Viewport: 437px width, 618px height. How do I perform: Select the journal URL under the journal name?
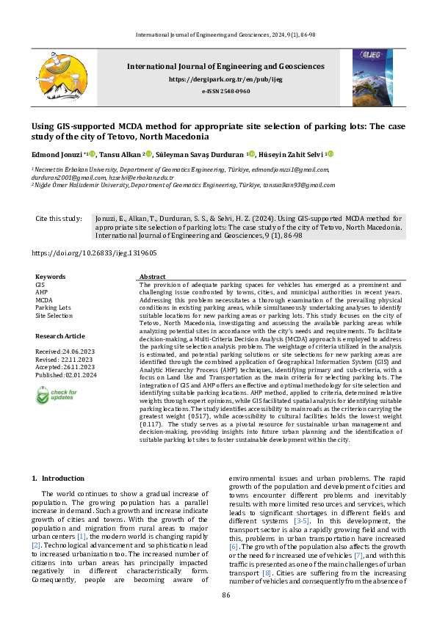(225, 79)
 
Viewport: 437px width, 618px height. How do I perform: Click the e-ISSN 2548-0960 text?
(225, 90)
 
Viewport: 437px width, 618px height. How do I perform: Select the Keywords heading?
(50, 277)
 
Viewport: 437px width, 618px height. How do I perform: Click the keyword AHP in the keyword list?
(41, 291)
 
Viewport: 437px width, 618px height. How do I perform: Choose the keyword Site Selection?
(54, 316)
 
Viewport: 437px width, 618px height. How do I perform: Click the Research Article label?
(59, 336)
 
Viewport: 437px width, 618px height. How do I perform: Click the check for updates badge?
(55, 396)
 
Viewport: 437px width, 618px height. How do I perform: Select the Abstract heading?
(152, 277)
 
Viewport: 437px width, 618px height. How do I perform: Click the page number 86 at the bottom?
(225, 595)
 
